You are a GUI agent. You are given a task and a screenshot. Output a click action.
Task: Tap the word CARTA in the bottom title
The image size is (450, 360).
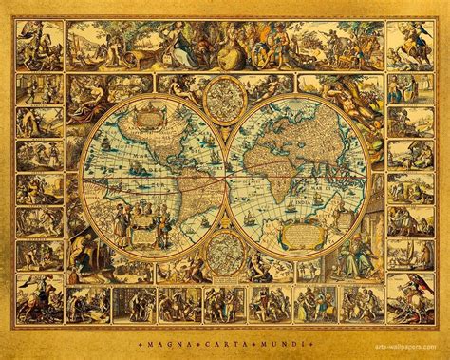click(x=224, y=338)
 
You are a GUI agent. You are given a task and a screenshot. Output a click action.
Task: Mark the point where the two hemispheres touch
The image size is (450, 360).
click(x=225, y=176)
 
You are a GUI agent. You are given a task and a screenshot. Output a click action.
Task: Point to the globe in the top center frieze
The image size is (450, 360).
click(x=225, y=43)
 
